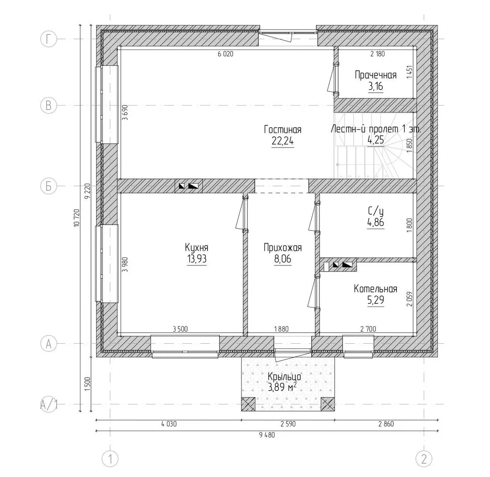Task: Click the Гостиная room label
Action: tap(283, 129)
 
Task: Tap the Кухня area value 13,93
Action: tap(196, 259)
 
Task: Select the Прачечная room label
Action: tap(376, 75)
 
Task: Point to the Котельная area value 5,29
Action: tap(376, 300)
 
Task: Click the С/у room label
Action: tap(376, 212)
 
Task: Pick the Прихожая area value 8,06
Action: tap(283, 259)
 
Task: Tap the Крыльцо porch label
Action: tap(284, 377)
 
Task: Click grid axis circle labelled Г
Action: tap(49, 39)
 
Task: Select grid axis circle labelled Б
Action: tap(49, 186)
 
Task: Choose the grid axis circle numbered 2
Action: tap(424, 459)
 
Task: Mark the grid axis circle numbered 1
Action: tap(110, 459)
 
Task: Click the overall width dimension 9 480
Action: tap(267, 435)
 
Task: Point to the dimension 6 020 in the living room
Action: tap(225, 54)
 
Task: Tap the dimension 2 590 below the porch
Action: tap(288, 424)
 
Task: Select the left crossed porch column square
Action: tap(248, 405)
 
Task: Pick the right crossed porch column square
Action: tap(328, 405)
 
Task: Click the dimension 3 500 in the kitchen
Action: tap(180, 329)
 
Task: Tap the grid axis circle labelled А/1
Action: tap(49, 405)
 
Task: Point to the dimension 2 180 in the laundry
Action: tap(377, 54)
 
